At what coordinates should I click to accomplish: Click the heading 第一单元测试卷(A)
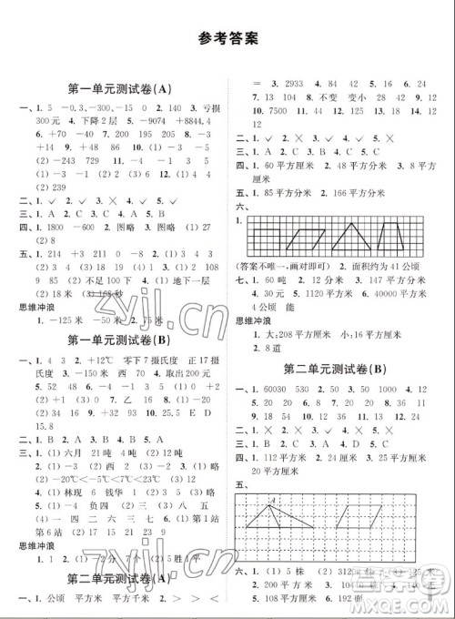point(120,88)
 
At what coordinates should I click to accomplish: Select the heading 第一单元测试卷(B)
point(120,340)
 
